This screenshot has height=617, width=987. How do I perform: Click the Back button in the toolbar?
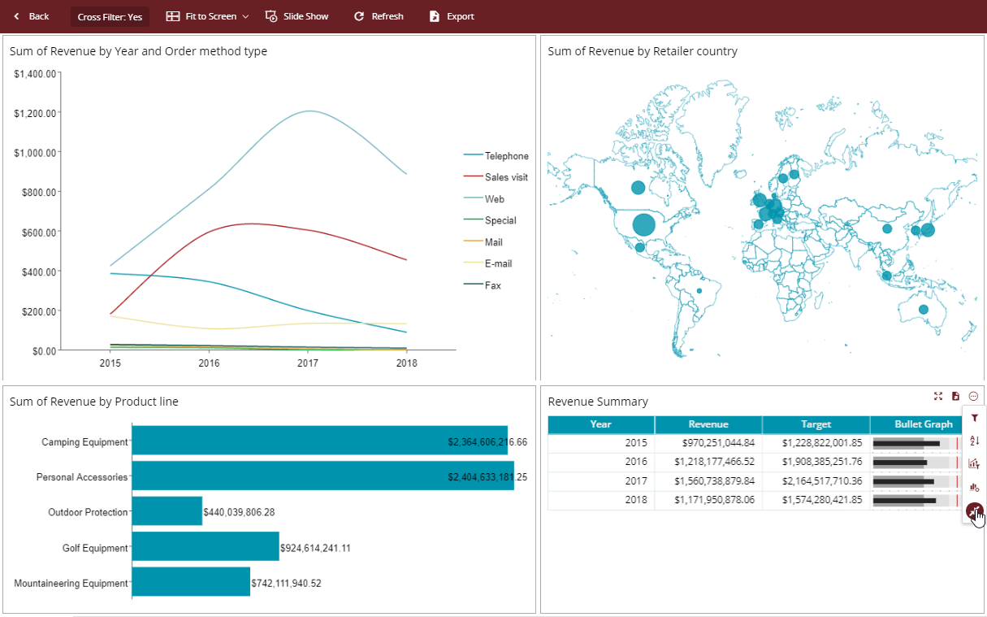point(31,16)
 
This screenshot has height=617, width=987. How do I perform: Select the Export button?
point(452,16)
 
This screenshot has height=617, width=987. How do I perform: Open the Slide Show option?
point(297,16)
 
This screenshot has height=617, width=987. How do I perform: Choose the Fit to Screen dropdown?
point(207,16)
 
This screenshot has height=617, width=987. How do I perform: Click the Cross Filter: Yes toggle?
point(110,17)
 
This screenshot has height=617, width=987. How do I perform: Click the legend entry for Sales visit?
point(505,177)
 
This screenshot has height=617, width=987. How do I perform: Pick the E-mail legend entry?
point(497,263)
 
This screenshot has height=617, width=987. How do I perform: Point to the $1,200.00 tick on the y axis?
point(35,113)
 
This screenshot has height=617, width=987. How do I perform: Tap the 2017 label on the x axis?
point(308,363)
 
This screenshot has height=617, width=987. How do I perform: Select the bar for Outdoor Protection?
point(167,511)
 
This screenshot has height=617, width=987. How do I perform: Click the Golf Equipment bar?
point(206,547)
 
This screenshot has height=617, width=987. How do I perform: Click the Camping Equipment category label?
point(84,442)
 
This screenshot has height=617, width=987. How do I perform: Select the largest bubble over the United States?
point(644,224)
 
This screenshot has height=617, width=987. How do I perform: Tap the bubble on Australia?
point(923,310)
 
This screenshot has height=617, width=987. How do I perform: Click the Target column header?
point(816,424)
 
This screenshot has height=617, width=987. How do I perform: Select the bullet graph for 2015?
point(916,443)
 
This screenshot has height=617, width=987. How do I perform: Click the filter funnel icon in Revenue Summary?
point(974,418)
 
